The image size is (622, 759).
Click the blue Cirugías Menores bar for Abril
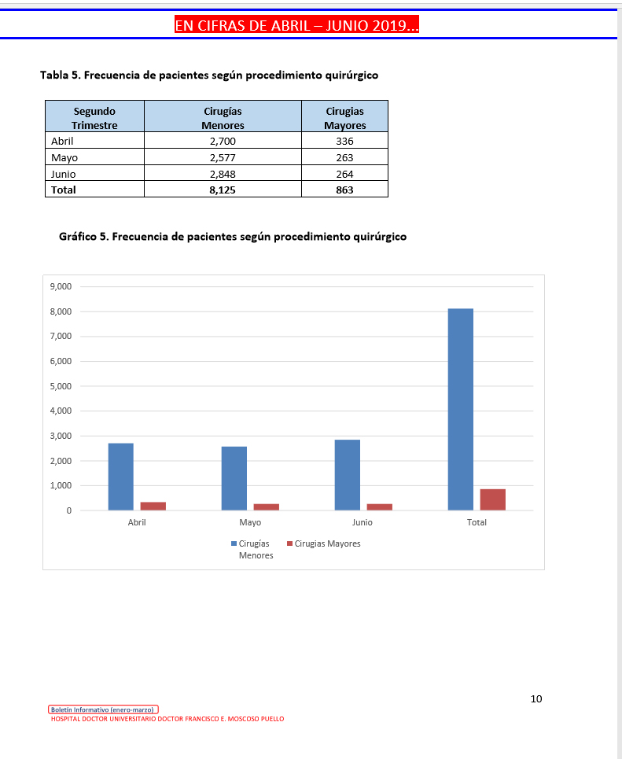pos(121,477)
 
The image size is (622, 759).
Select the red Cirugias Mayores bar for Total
pos(492,499)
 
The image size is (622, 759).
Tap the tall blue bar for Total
pos(460,409)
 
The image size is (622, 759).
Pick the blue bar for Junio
pos(347,474)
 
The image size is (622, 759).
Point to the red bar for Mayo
pos(266,507)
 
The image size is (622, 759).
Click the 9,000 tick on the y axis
pos(61,287)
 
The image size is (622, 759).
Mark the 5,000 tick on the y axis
pos(61,386)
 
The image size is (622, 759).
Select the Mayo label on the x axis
pos(250,522)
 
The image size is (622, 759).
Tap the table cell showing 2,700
pos(223,142)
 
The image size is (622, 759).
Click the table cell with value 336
pos(344,142)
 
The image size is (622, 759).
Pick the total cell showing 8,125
pos(223,190)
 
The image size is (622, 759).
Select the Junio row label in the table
pos(63,174)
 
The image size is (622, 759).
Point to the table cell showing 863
pos(344,190)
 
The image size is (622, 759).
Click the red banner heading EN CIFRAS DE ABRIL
pos(296,26)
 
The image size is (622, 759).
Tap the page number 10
pos(536,698)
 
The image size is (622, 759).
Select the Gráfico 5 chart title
pos(233,236)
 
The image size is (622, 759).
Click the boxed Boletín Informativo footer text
pos(104,709)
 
